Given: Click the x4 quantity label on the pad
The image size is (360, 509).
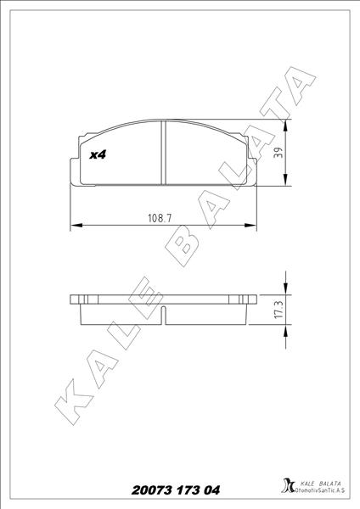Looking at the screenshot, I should (97, 155).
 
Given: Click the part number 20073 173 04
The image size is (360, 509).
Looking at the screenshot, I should (176, 490).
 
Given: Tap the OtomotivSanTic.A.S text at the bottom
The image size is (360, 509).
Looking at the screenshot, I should (320, 492).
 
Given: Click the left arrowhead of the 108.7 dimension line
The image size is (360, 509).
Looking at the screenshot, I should (74, 226).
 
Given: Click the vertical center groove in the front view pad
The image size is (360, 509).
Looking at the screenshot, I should (162, 154).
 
